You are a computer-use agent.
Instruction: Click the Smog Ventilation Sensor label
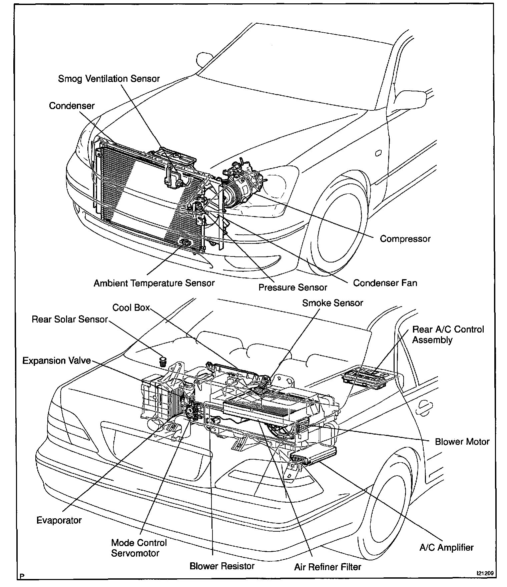point(109,79)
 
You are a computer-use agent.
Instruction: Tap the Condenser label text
point(72,106)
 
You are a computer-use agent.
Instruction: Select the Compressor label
point(405,239)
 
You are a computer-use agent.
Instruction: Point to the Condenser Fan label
point(385,283)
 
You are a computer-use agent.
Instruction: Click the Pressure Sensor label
point(293,287)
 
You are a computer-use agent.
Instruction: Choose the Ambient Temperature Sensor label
point(154,283)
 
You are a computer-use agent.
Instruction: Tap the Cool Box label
point(131,307)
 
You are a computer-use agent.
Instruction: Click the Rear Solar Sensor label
point(70,319)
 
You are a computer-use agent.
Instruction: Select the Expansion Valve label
point(57,361)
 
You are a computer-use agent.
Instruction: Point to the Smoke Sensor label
point(333,303)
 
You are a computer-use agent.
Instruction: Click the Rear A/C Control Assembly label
point(448,335)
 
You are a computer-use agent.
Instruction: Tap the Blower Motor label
point(462,442)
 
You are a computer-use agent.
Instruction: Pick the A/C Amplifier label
point(446,547)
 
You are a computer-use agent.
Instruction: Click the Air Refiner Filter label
point(328,567)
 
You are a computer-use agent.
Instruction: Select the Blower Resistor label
point(222,566)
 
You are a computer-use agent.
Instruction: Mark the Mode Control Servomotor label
point(139,548)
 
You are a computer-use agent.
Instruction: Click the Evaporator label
point(59,520)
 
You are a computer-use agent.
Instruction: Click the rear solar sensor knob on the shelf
point(163,361)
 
